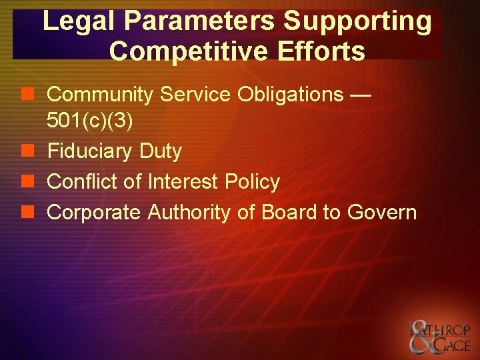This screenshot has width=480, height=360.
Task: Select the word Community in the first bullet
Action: (102, 95)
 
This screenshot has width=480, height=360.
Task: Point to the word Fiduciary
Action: (90, 151)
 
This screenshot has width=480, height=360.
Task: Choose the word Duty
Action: (160, 151)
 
